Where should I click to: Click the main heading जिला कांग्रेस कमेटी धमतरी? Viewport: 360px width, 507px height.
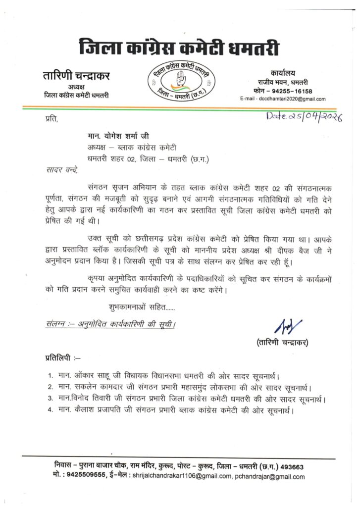tap(180, 49)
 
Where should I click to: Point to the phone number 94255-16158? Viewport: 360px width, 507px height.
tap(292, 91)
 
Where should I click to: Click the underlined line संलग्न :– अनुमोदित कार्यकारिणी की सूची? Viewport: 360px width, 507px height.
tap(109, 325)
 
